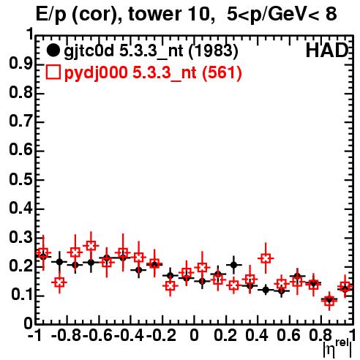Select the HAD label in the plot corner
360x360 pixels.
[x=327, y=50]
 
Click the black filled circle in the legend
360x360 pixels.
[x=53, y=50]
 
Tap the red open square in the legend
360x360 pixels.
[x=53, y=72]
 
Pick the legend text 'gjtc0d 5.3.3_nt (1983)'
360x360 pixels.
[x=151, y=51]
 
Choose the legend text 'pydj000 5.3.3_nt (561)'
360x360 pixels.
[x=153, y=72]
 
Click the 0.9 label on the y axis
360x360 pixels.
[x=21, y=64]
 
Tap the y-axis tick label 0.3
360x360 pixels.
[x=21, y=238]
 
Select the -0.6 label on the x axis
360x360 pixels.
[x=97, y=335]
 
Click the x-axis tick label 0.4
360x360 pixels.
[x=257, y=335]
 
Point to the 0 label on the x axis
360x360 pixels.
[x=194, y=335]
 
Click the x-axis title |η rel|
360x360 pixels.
[x=338, y=349]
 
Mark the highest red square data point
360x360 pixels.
[x=91, y=245]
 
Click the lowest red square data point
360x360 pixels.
[x=329, y=301]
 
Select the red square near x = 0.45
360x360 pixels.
[x=266, y=258]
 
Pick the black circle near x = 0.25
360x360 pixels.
[x=234, y=265]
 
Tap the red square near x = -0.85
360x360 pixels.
[x=59, y=282]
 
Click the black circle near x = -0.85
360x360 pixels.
[x=59, y=262]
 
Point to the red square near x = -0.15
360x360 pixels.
[x=170, y=285]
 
